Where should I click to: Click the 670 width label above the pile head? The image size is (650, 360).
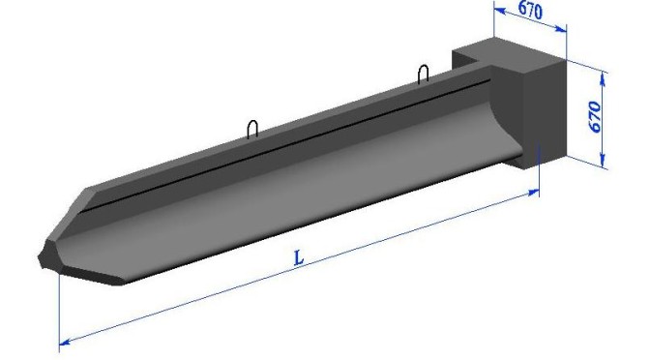click(x=530, y=11)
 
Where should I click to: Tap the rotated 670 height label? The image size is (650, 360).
click(x=595, y=116)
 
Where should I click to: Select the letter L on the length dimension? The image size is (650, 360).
click(x=299, y=257)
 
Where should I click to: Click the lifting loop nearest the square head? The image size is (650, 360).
click(x=424, y=74)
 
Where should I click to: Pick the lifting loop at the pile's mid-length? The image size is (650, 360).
click(x=252, y=129)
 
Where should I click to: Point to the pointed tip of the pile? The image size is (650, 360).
click(x=40, y=258)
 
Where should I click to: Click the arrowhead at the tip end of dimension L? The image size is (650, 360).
click(x=65, y=342)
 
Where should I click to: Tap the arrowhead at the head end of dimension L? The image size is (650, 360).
click(x=534, y=192)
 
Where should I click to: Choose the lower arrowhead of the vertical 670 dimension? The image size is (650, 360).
click(x=604, y=161)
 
